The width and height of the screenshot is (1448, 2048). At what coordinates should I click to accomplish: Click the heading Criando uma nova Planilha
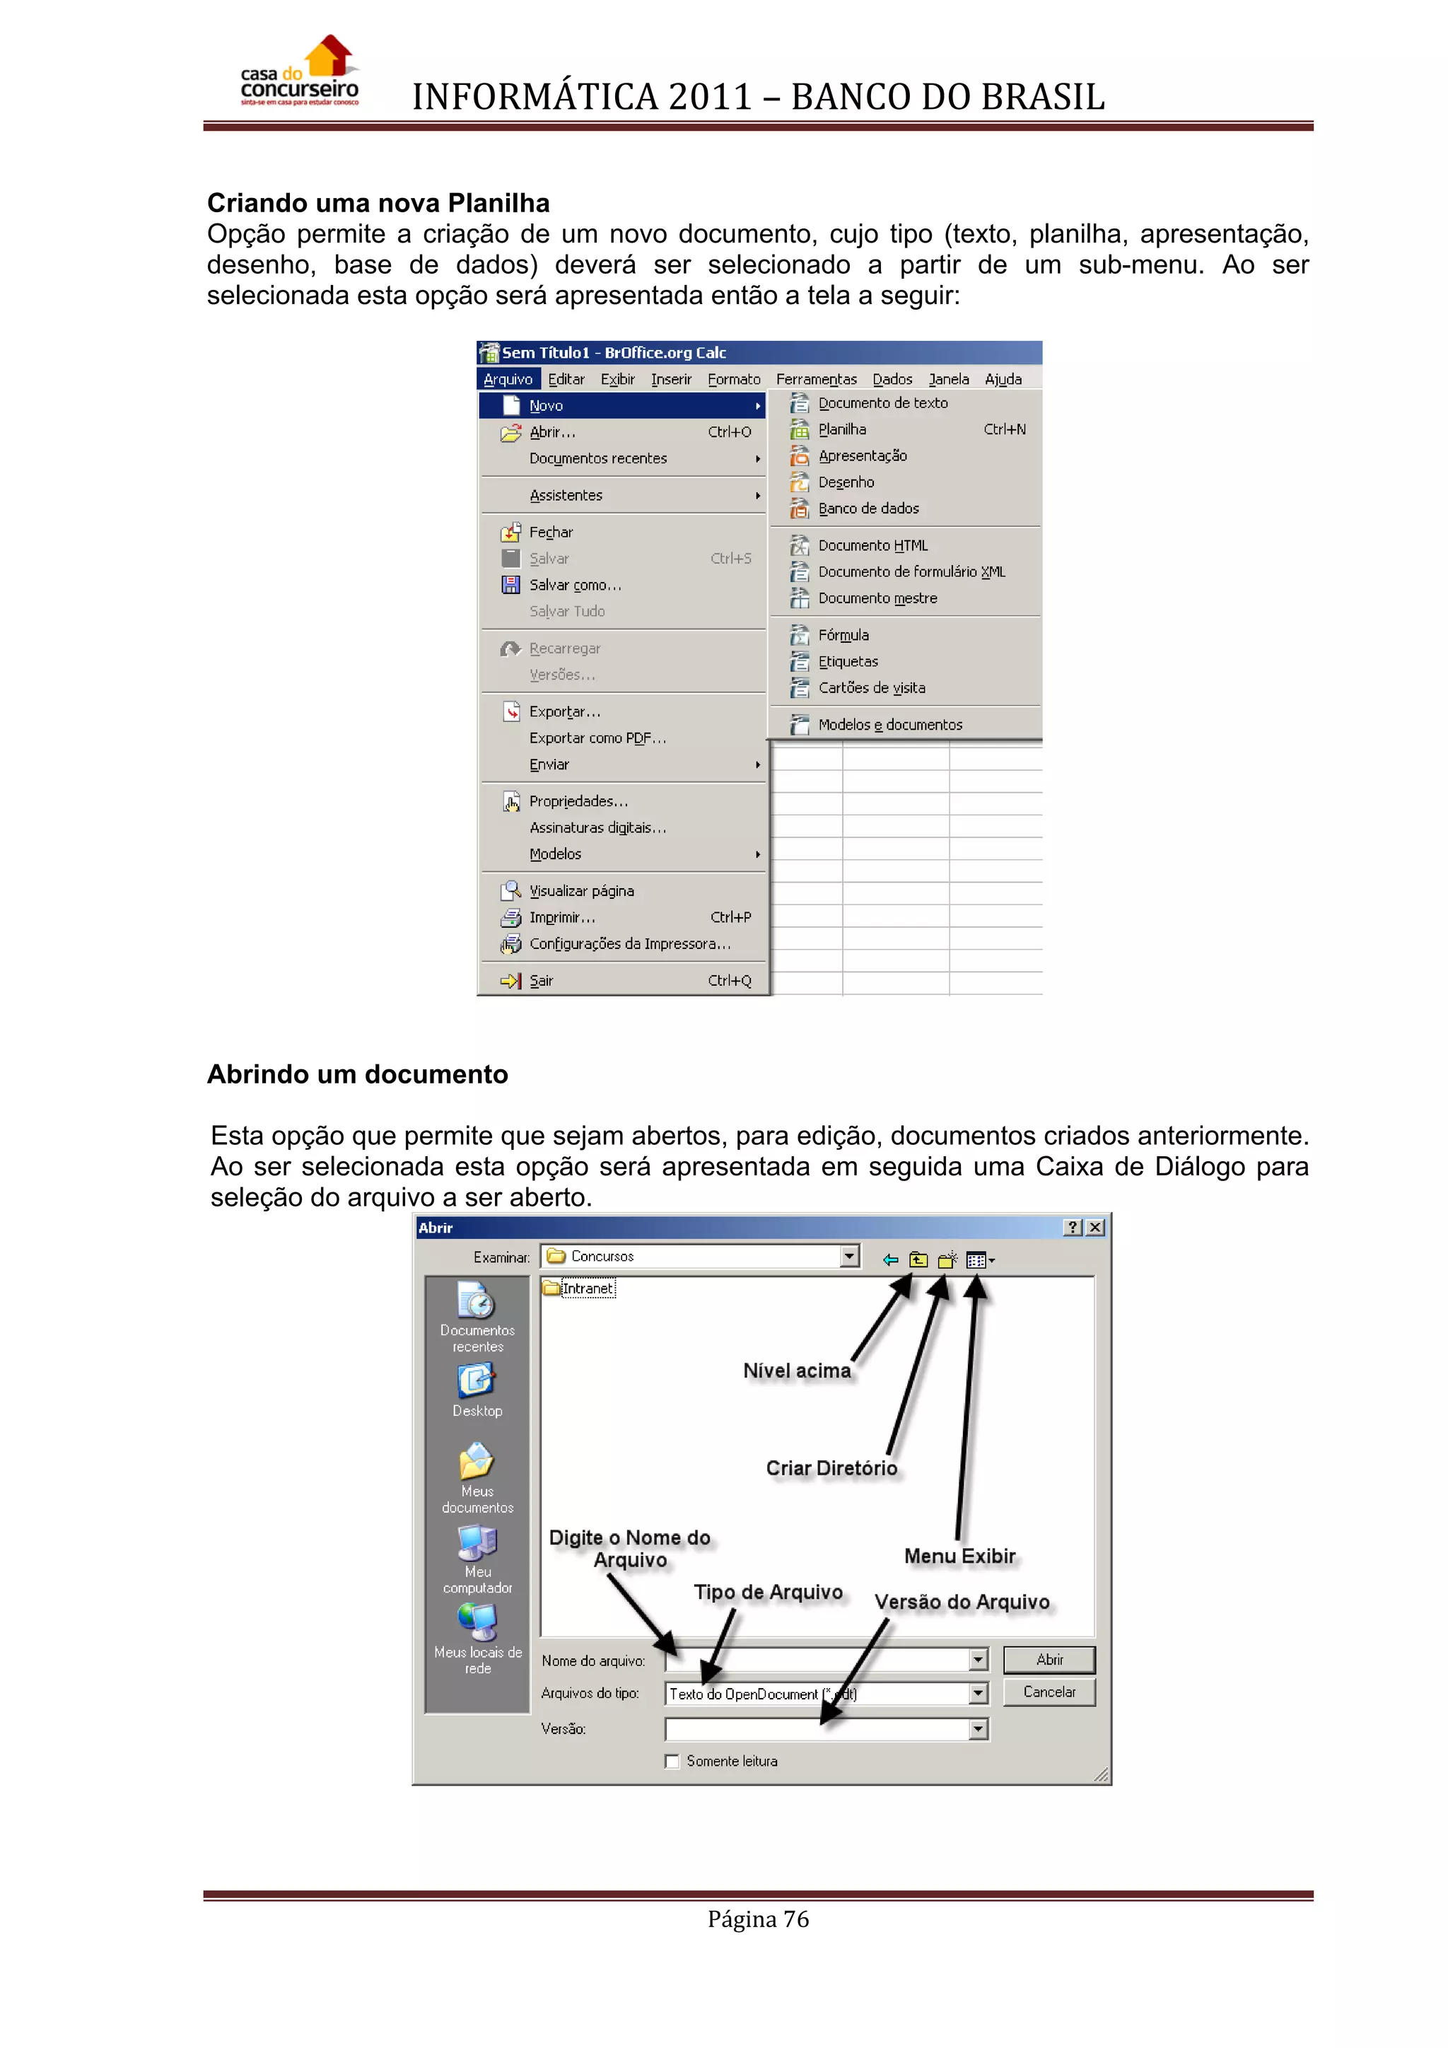coord(378,204)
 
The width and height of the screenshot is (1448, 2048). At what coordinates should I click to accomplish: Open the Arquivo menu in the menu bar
coord(508,379)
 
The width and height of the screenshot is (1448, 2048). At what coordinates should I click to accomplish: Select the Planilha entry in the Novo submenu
coord(841,429)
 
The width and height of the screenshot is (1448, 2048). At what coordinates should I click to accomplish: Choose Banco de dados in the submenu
coord(868,508)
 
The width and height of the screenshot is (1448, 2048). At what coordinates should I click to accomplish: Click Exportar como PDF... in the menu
coord(597,738)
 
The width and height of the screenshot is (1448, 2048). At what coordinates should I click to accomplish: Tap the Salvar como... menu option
coord(574,585)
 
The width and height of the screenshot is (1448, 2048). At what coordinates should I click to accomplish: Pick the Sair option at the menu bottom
coord(541,980)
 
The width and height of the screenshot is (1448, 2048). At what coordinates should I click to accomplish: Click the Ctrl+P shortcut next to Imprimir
coord(730,917)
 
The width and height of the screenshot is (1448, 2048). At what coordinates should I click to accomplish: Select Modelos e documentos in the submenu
coord(890,724)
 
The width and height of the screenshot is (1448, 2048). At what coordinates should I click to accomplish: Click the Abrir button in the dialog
coord(1049,1659)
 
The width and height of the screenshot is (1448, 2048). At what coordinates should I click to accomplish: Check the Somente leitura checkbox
coord(672,1761)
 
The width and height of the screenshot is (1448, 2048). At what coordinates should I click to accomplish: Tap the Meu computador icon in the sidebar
coord(477,1544)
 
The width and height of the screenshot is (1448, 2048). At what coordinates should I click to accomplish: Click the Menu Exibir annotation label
coord(959,1557)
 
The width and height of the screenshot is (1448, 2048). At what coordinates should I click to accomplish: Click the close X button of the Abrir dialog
coord(1096,1228)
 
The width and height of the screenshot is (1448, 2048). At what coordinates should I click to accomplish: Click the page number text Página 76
coord(758,1919)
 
